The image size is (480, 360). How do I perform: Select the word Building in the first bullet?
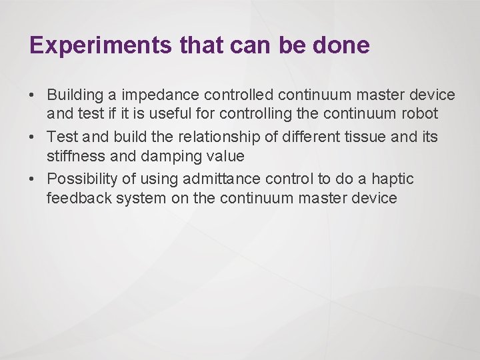[x=75, y=95]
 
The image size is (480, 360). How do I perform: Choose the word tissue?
[x=359, y=137]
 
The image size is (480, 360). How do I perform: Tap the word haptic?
[x=391, y=179]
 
